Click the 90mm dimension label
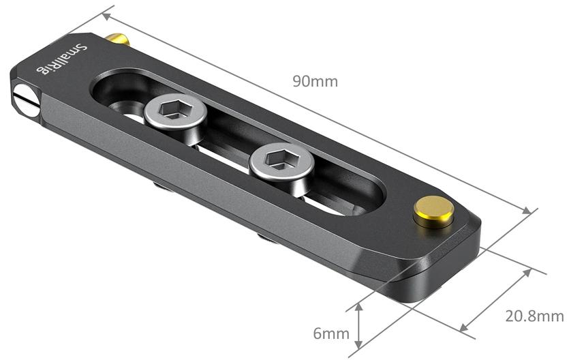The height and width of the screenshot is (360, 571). point(315,81)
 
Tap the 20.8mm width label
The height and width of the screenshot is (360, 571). point(534,316)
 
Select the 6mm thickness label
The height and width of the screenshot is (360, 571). point(331,334)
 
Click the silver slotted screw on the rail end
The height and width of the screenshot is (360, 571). point(25,98)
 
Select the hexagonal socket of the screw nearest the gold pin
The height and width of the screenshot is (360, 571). point(278,158)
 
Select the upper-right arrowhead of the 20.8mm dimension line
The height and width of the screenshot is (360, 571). point(529,271)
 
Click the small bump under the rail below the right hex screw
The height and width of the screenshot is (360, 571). point(263,237)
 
